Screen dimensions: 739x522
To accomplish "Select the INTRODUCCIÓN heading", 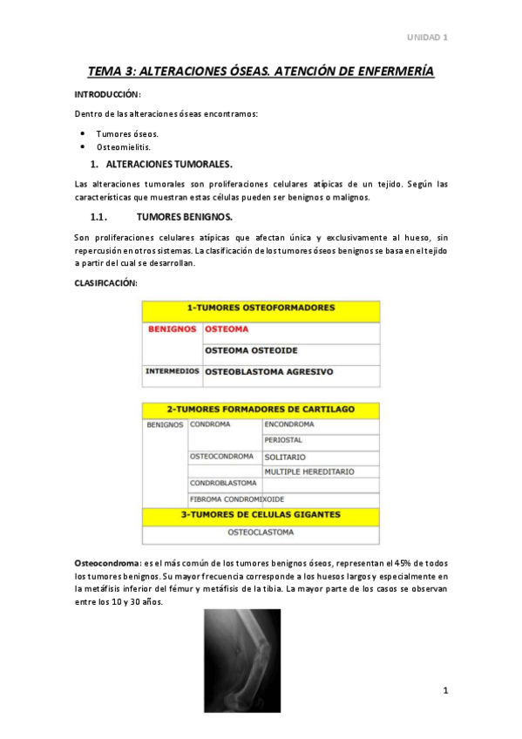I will pos(107,94).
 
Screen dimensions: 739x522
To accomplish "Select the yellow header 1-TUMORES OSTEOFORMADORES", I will pos(261,308).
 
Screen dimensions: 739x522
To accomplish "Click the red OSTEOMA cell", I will pos(227,329).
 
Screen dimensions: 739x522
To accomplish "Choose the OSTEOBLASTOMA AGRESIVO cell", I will pos(268,372).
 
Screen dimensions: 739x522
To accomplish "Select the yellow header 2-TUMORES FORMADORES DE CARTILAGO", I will pos(261,409).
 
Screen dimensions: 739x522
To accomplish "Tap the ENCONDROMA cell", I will pos(289,424).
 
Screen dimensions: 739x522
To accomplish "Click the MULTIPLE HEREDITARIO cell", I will pos(309,471).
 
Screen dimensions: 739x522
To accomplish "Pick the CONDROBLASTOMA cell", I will pos(223,483).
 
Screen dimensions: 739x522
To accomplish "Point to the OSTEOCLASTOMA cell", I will pos(261,531).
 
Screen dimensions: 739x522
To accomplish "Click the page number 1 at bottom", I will pos(444,691).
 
